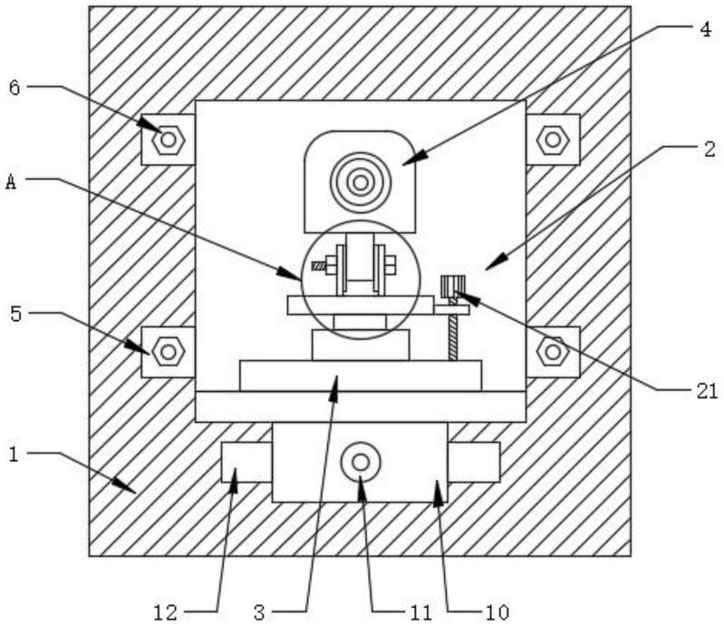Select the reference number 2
pyautogui.click(x=710, y=149)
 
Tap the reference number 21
pyautogui.click(x=708, y=391)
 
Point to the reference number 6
pyautogui.click(x=14, y=88)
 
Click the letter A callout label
pyautogui.click(x=11, y=181)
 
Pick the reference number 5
pyautogui.click(x=15, y=315)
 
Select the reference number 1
pyautogui.click(x=14, y=455)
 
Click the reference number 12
pyautogui.click(x=165, y=613)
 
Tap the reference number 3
pyautogui.click(x=259, y=613)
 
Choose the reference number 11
pyautogui.click(x=420, y=613)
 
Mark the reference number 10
pyautogui.click(x=497, y=613)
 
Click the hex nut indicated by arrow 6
pyautogui.click(x=169, y=139)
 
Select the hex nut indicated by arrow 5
pyautogui.click(x=169, y=352)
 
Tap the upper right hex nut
pyautogui.click(x=553, y=139)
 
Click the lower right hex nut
pyautogui.click(x=553, y=352)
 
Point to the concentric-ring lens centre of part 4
pyautogui.click(x=361, y=182)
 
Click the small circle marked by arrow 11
pyautogui.click(x=361, y=462)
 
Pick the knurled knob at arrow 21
pyautogui.click(x=453, y=286)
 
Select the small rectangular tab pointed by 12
pyautogui.click(x=247, y=463)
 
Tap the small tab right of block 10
pyautogui.click(x=474, y=463)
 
